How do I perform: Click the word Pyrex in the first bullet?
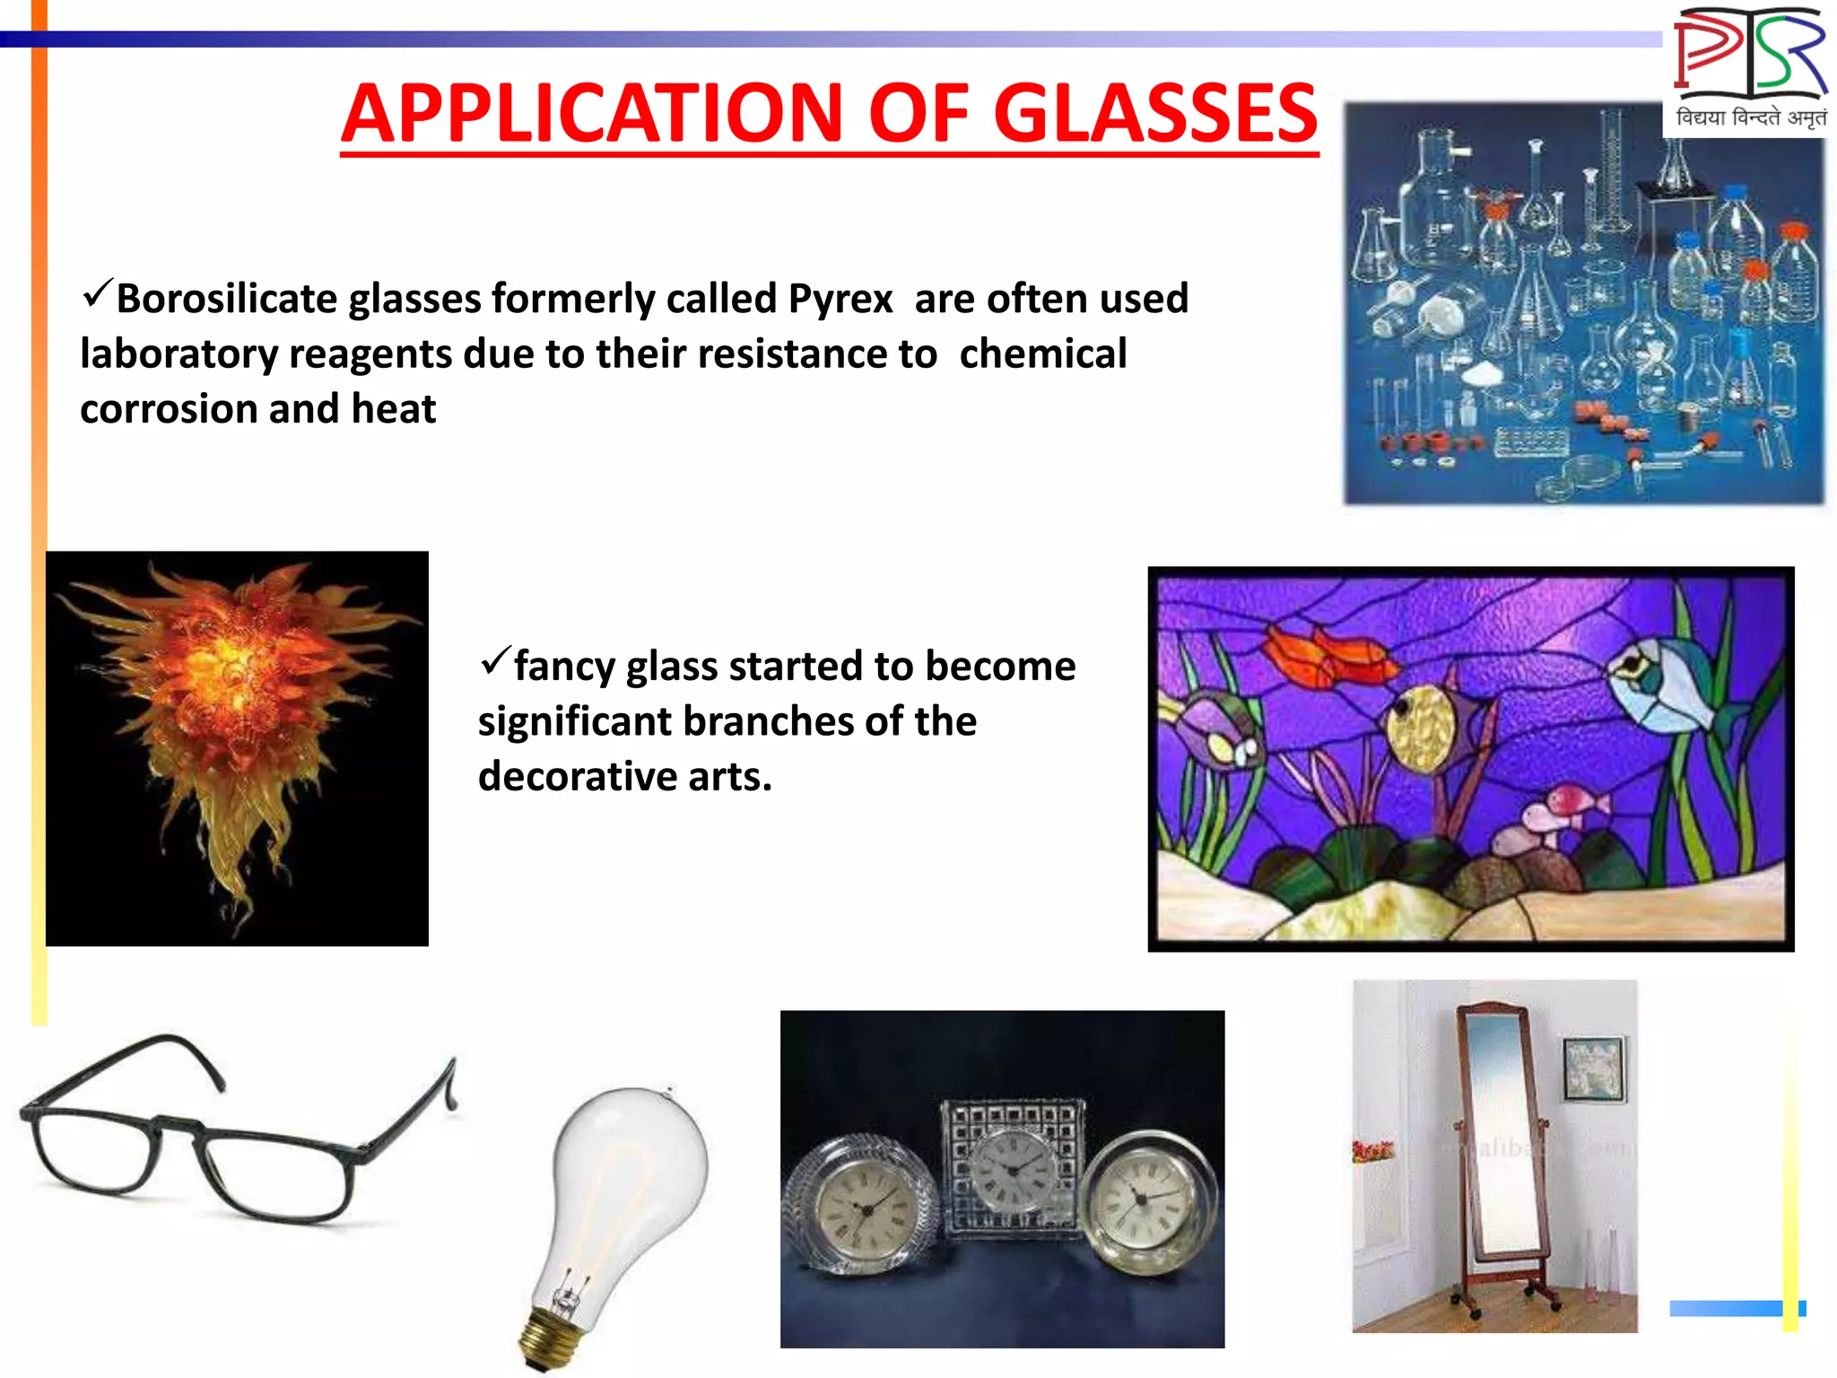840,300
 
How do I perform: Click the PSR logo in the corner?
1749,67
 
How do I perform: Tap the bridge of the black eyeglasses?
179,1126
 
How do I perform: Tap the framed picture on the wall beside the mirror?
1594,1068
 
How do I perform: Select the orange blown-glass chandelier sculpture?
235,718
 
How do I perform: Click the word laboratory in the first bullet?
178,355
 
